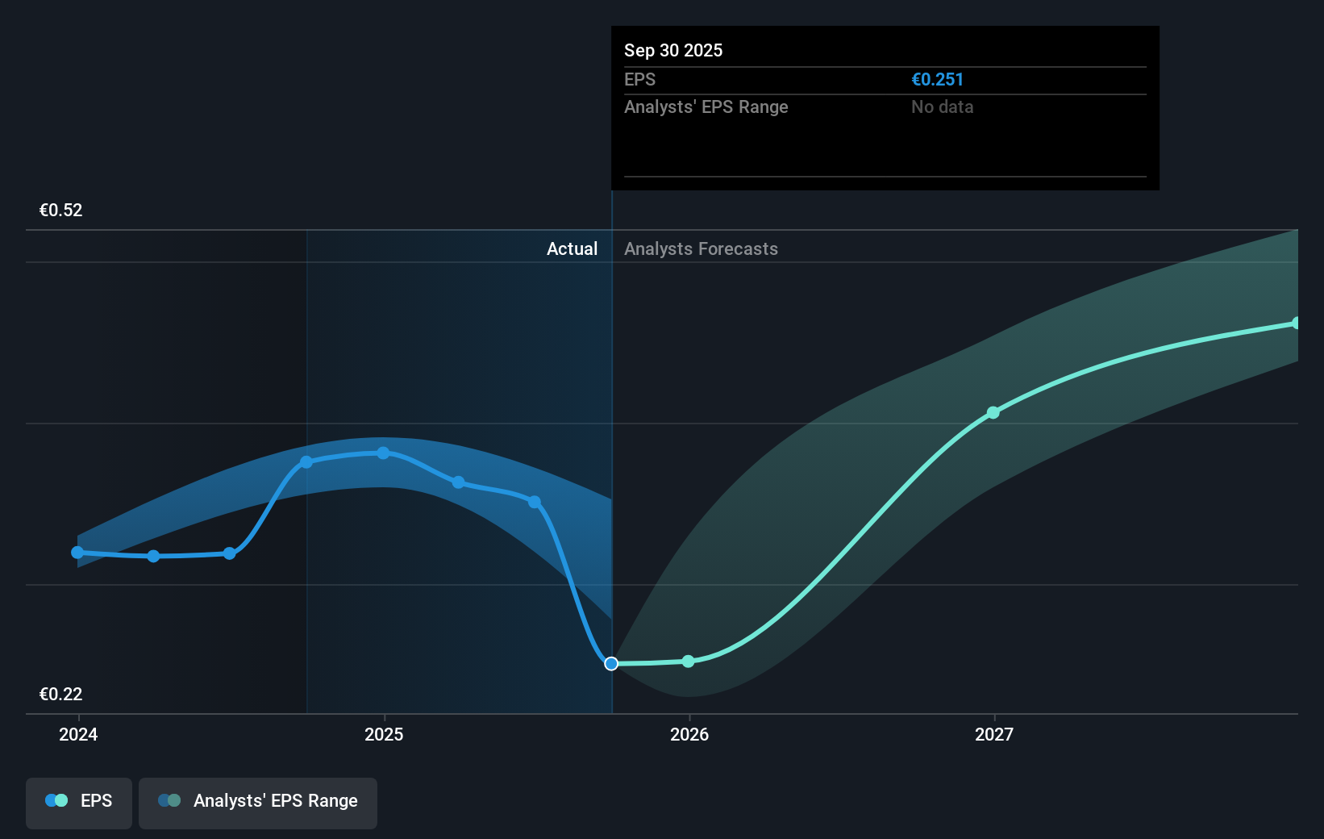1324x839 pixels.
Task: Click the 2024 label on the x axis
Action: pyautogui.click(x=78, y=734)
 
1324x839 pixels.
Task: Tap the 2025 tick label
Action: pyautogui.click(x=384, y=734)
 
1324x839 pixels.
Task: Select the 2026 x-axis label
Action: pyautogui.click(x=689, y=734)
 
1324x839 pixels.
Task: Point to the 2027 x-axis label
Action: pyautogui.click(x=994, y=734)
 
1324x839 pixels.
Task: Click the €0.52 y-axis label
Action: pyautogui.click(x=61, y=211)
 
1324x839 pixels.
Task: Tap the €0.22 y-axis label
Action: pyautogui.click(x=61, y=695)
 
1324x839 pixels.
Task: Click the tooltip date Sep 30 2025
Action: pyautogui.click(x=673, y=51)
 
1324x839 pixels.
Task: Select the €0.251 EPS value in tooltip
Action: pyautogui.click(x=937, y=80)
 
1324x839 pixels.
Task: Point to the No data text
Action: pyautogui.click(x=942, y=107)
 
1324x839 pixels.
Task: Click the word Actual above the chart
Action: pyautogui.click(x=572, y=249)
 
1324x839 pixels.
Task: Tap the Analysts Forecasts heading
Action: pyautogui.click(x=701, y=249)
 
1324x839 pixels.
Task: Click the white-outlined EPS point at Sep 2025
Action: pyautogui.click(x=611, y=664)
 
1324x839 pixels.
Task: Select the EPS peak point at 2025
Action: pyautogui.click(x=383, y=453)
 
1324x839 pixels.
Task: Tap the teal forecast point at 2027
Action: pyautogui.click(x=993, y=413)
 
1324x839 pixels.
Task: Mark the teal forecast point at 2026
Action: pyautogui.click(x=688, y=662)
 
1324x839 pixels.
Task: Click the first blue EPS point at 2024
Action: pyautogui.click(x=77, y=553)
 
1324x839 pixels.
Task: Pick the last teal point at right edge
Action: pyautogui.click(x=1296, y=323)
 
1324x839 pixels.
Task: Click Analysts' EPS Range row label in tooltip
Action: pyautogui.click(x=706, y=107)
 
